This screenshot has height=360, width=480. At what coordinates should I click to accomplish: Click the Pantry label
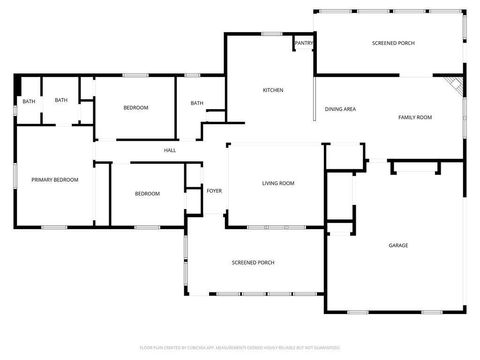[304, 43]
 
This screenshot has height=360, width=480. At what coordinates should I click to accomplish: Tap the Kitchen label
[273, 90]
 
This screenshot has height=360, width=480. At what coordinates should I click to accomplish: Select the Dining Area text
[341, 109]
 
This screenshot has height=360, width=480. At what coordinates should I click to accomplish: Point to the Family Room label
[415, 118]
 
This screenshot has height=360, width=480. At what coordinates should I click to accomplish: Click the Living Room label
[278, 183]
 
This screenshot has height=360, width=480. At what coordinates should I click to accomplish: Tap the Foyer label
[214, 190]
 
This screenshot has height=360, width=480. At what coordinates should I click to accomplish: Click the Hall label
[170, 151]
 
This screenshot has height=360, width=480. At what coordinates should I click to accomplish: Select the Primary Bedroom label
[55, 179]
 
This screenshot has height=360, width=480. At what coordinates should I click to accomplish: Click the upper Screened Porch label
[393, 44]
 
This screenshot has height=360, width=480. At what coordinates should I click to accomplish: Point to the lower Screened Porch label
[253, 262]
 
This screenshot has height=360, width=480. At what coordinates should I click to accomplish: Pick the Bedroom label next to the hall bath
[136, 107]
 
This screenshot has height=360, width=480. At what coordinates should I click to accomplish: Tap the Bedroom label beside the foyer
[147, 193]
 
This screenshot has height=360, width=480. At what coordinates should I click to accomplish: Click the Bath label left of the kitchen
[197, 103]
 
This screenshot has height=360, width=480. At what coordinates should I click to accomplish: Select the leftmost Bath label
[29, 101]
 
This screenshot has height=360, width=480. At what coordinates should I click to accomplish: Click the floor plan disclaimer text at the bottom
[240, 349]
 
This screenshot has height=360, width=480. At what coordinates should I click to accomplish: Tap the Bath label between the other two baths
[61, 100]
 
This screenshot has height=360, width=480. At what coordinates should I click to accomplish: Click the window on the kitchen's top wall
[270, 34]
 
